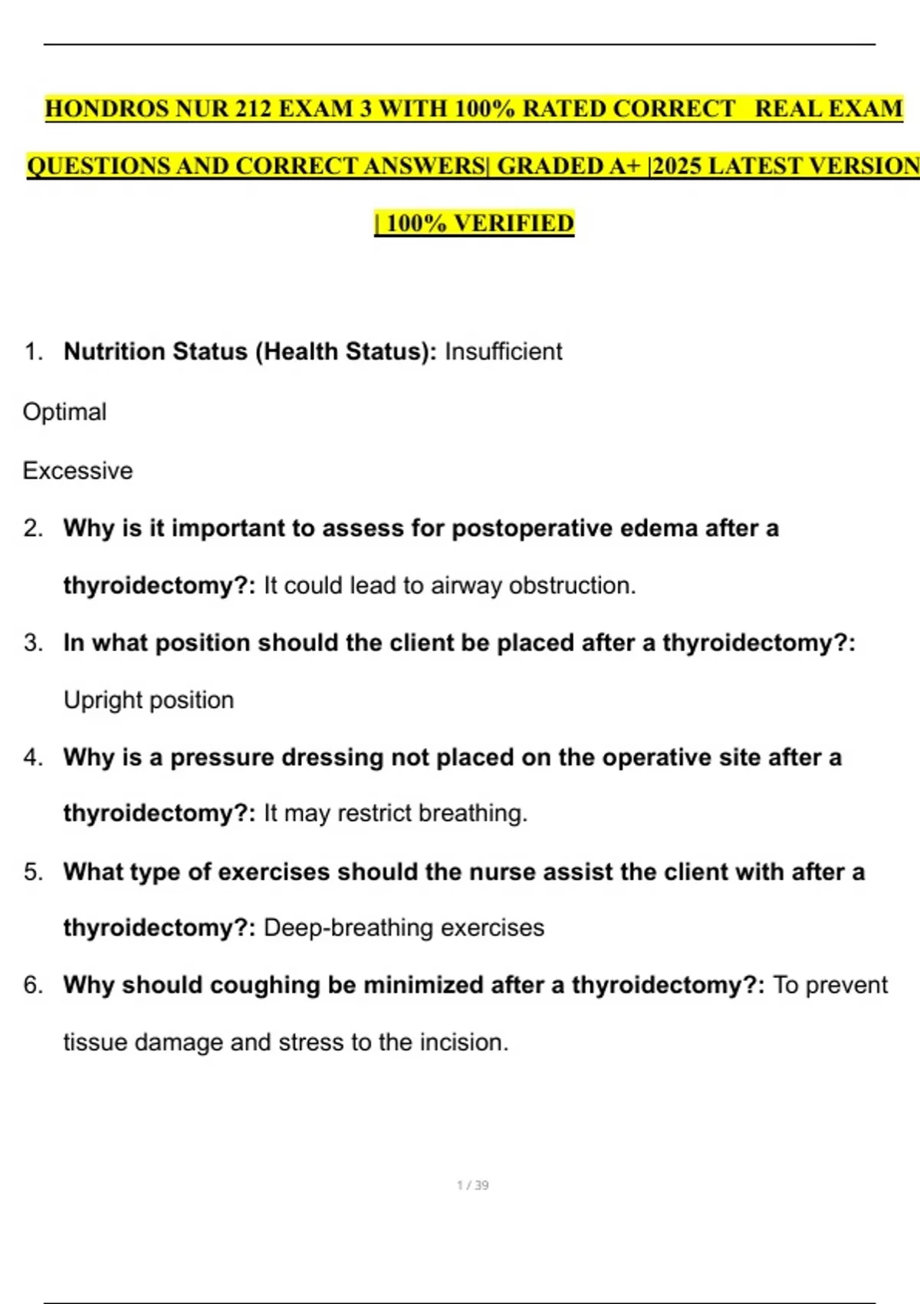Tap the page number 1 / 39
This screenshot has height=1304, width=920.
pyautogui.click(x=472, y=1185)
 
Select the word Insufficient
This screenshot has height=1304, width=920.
pyautogui.click(x=503, y=351)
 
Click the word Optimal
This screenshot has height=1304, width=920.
pyautogui.click(x=65, y=412)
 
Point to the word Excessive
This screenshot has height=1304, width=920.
pyautogui.click(x=77, y=470)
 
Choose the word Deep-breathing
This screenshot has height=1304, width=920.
pyautogui.click(x=349, y=927)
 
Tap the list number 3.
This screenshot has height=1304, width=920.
pyautogui.click(x=32, y=643)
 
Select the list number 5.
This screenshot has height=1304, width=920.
pyautogui.click(x=32, y=872)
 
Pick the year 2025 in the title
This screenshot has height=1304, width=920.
pyautogui.click(x=677, y=166)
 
